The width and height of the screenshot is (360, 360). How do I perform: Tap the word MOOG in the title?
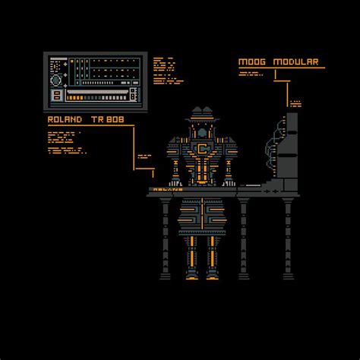(x=251, y=62)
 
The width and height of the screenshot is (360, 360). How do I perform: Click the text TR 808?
(x=109, y=119)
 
